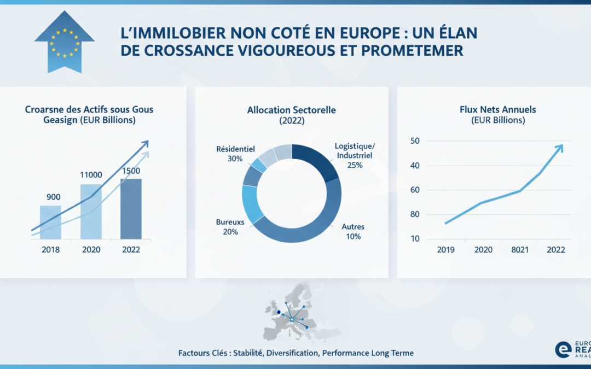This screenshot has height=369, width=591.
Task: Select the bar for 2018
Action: [50, 222]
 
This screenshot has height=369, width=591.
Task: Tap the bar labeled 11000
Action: [91, 212]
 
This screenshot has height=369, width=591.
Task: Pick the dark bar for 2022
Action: [131, 209]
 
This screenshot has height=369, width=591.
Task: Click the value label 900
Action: [54, 197]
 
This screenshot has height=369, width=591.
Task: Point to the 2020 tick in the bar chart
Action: [91, 249]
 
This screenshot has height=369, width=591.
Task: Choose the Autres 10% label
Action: [353, 232]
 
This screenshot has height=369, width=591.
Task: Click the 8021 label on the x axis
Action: [519, 249]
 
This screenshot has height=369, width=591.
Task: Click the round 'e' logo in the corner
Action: [563, 350]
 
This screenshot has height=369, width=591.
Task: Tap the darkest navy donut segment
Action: [318, 161]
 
